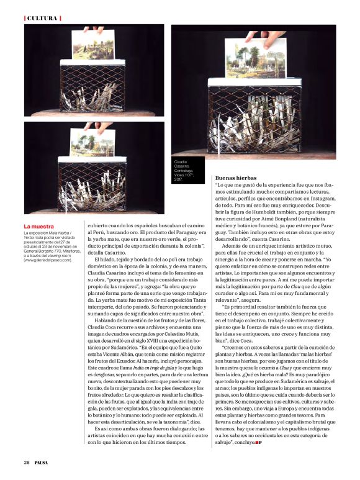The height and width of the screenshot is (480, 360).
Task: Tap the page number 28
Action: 27,463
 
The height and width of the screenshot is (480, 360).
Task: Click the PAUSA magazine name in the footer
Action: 42,463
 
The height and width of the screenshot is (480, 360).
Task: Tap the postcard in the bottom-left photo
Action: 92,142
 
